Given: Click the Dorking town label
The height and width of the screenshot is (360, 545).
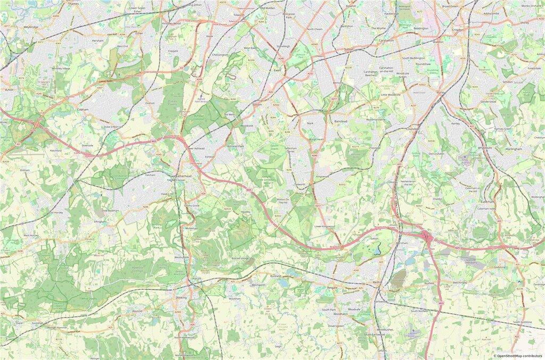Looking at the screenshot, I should coord(181,298).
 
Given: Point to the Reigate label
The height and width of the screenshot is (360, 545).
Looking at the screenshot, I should coord(334,288).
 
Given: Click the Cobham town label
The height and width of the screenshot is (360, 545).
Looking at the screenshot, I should coord(82,109).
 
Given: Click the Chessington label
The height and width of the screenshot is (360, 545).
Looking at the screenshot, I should coord(220,54).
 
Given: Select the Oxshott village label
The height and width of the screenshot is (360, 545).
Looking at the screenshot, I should coord(150,104).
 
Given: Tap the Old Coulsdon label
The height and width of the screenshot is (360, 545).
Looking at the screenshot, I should coord(436,154).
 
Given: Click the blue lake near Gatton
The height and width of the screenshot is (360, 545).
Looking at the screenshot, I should coord(378,248).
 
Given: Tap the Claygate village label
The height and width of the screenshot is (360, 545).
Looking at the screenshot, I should coord(173,51).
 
